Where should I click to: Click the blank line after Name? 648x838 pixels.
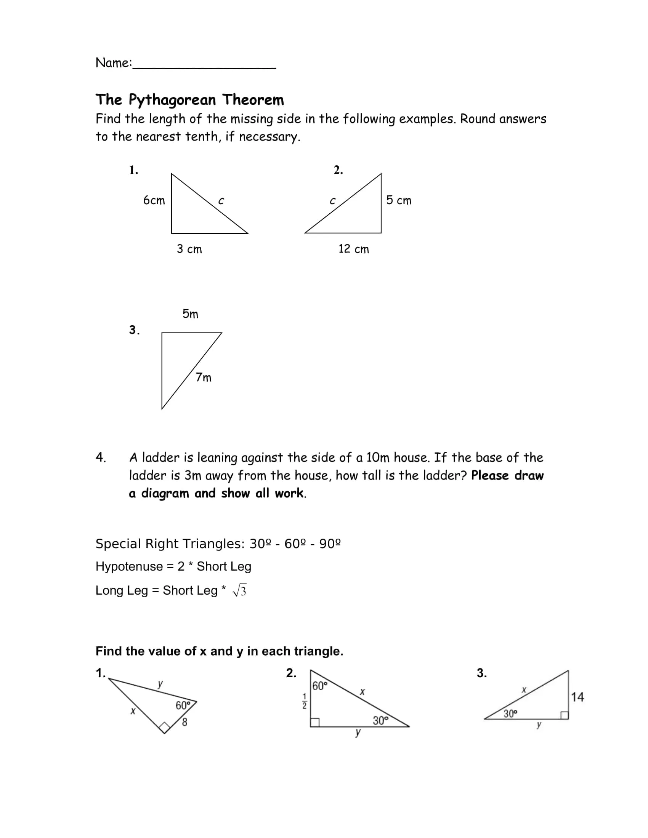pos(205,66)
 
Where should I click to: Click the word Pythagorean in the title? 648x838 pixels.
pos(172,100)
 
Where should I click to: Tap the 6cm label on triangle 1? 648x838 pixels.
pos(154,200)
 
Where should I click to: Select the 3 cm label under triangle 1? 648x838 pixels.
pos(189,249)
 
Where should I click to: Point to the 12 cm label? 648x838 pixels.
pos(354,249)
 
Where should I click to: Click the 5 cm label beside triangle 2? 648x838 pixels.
pos(398,200)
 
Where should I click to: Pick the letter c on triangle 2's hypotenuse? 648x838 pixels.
pos(332,201)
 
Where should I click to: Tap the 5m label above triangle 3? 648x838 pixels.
pos(191,314)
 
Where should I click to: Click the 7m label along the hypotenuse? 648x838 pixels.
pos(204,377)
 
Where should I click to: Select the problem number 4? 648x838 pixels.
pos(101,457)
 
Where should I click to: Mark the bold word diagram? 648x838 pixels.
pos(165,493)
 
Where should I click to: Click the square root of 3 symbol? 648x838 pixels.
pos(239,590)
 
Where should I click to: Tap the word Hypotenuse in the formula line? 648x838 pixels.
pos(129,566)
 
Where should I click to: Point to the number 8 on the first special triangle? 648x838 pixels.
pos(184,722)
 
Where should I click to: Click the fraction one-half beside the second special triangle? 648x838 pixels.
pos(305,700)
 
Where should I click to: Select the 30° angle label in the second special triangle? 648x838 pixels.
pos(380,721)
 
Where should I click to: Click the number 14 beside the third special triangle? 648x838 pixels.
pos(577,697)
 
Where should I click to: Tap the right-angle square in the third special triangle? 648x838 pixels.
pos(564,715)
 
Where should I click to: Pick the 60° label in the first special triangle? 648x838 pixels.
pos(183,705)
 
